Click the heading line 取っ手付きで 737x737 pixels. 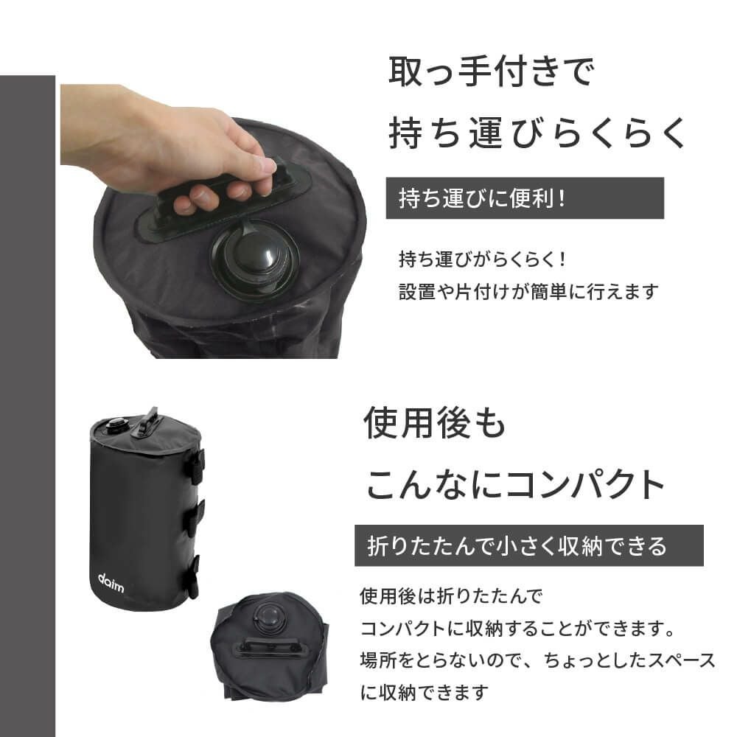[x=490, y=74]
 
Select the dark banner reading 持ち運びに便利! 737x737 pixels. [x=524, y=198]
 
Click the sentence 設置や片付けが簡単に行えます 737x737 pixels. [x=527, y=291]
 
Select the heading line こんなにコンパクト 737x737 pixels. [x=516, y=485]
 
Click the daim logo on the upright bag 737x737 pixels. [x=111, y=579]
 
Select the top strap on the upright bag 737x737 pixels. [x=195, y=466]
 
